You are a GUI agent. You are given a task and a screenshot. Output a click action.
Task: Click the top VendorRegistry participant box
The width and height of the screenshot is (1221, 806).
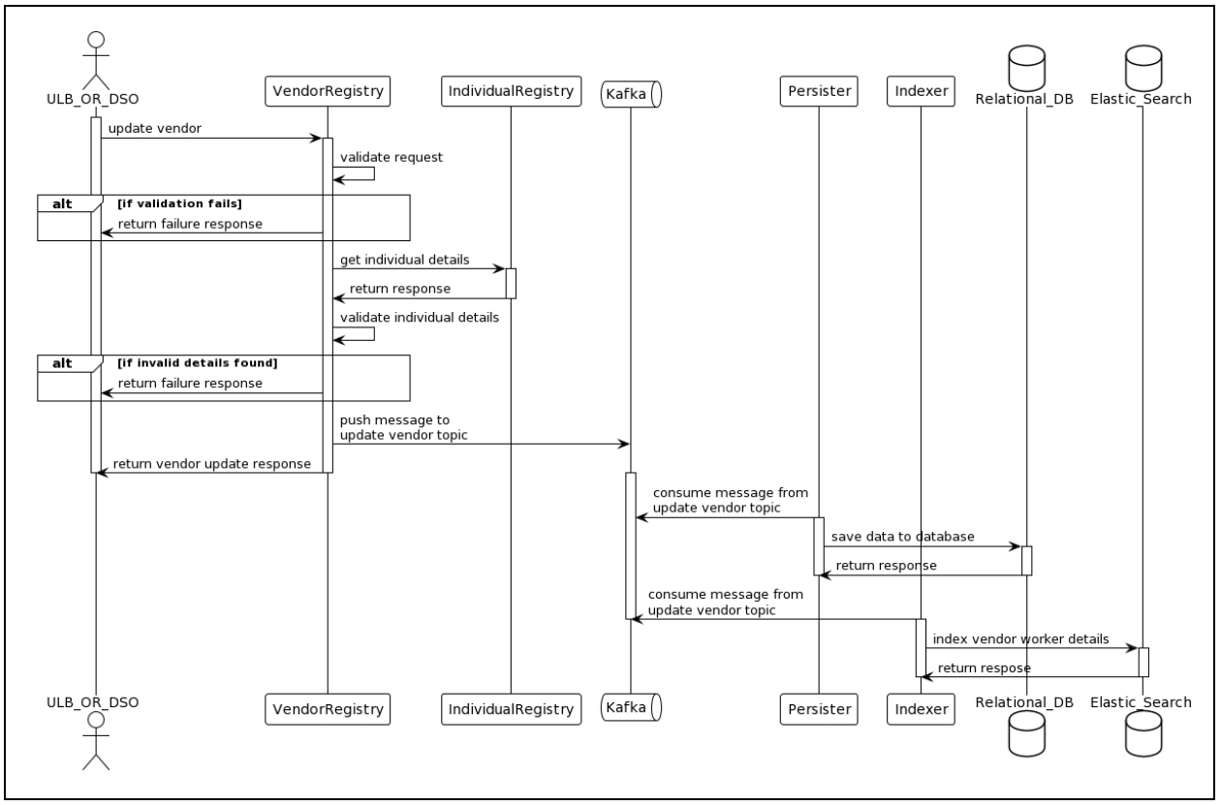tap(327, 92)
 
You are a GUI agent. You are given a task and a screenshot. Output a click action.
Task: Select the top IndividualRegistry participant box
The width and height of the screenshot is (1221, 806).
tap(510, 92)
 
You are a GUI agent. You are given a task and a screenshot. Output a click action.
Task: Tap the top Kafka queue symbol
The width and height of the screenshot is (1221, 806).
tap(631, 93)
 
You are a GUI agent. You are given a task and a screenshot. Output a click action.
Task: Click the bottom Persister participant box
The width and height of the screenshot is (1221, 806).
tap(818, 710)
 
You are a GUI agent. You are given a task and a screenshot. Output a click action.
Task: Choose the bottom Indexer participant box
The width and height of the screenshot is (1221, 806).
tap(921, 710)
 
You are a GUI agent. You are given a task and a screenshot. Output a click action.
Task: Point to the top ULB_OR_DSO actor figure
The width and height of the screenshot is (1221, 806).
tap(95, 58)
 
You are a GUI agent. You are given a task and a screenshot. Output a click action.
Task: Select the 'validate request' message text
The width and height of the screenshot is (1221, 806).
tap(391, 156)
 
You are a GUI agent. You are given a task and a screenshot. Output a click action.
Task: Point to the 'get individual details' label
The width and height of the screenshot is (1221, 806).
tap(405, 261)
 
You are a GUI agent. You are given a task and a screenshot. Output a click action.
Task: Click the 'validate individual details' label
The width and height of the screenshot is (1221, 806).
tap(420, 317)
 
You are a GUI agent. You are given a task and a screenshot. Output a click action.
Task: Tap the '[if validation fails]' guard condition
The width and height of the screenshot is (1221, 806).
tap(179, 202)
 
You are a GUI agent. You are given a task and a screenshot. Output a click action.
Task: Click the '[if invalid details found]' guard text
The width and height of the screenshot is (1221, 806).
tap(197, 363)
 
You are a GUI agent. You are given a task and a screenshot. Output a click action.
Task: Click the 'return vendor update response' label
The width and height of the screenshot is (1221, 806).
tap(211, 464)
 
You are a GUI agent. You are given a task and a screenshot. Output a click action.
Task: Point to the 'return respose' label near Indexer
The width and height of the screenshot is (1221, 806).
tap(984, 667)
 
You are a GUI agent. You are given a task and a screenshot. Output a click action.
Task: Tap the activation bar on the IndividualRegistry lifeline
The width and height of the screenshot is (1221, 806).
tap(511, 283)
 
